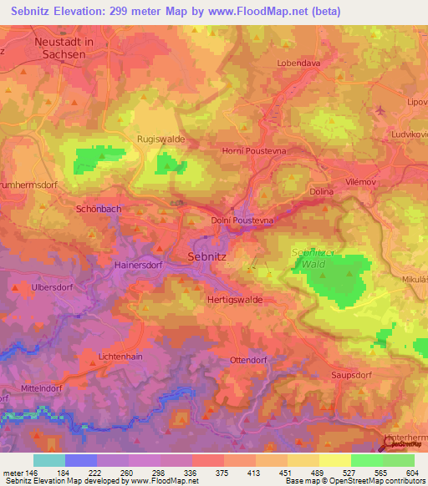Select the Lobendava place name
tap(298, 63)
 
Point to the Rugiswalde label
tap(160, 139)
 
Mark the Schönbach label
tap(99, 210)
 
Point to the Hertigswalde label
tap(234, 299)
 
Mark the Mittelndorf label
tap(43, 388)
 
